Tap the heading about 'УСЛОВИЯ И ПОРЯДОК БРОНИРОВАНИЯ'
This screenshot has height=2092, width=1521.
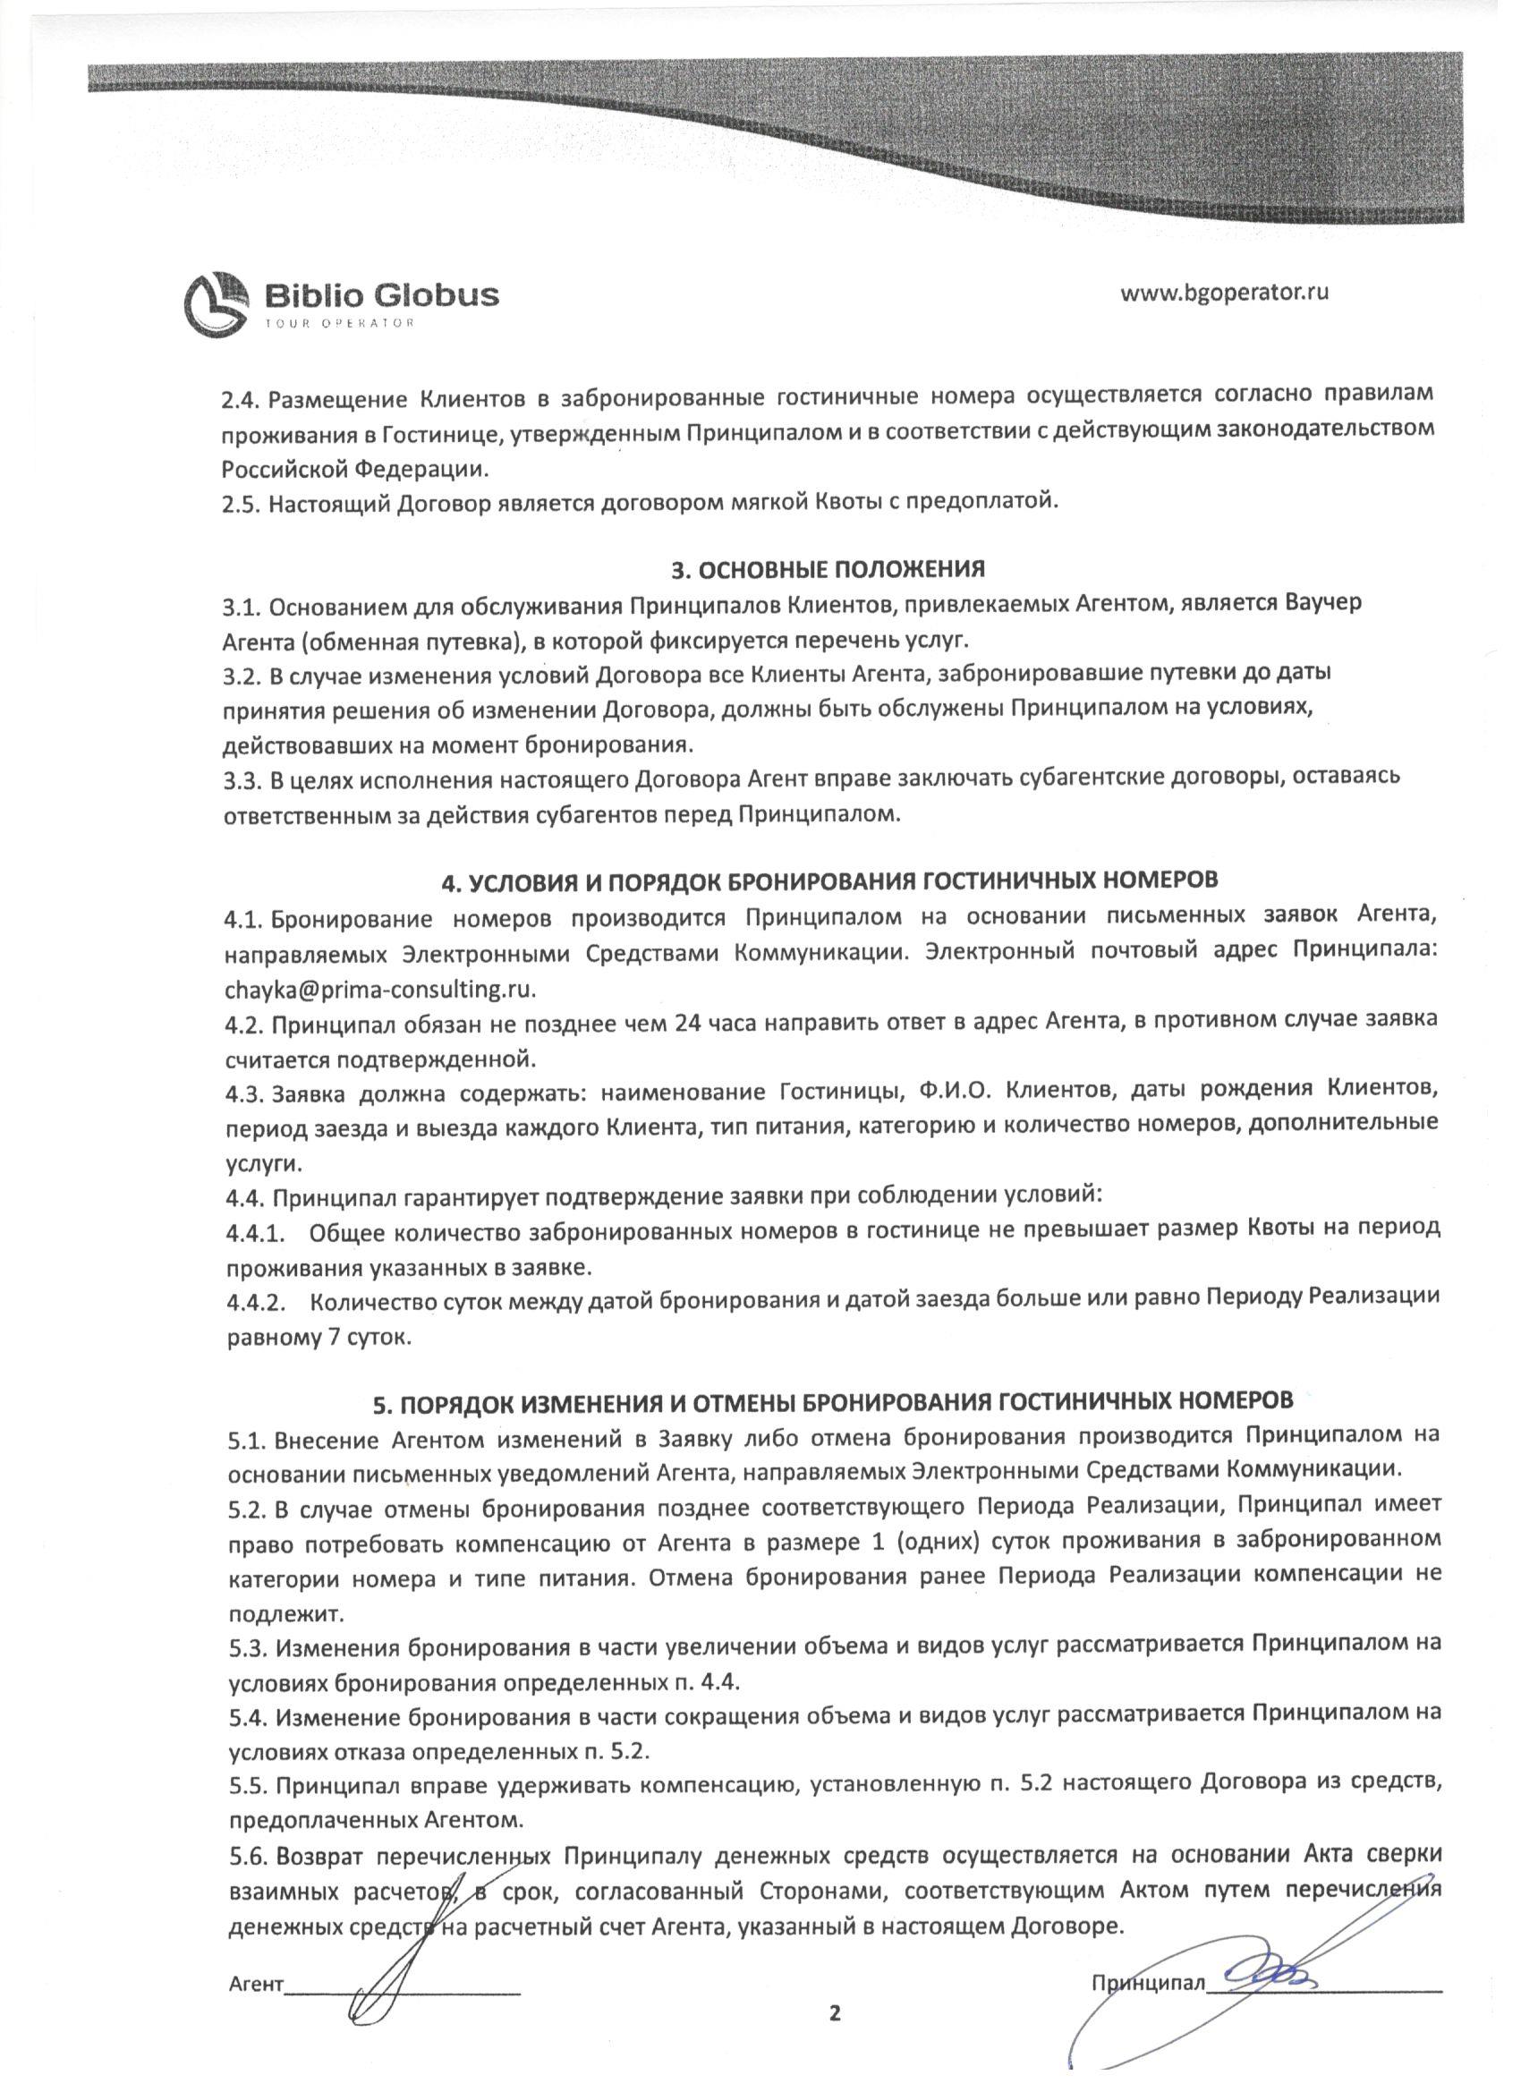830,880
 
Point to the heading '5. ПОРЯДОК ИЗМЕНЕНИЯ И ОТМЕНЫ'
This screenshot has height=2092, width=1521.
833,1425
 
